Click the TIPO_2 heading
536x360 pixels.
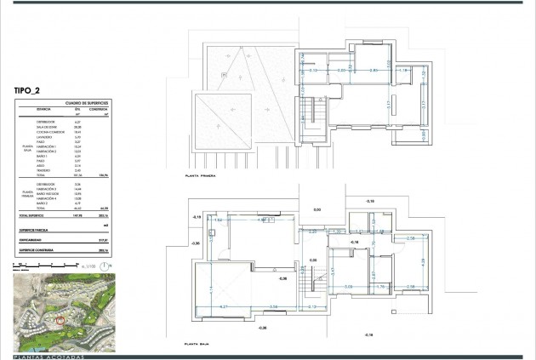click(x=31, y=89)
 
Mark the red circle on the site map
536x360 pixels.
click(x=60, y=318)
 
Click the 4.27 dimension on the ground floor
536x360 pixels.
click(x=224, y=306)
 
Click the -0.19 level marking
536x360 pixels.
click(x=197, y=218)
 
